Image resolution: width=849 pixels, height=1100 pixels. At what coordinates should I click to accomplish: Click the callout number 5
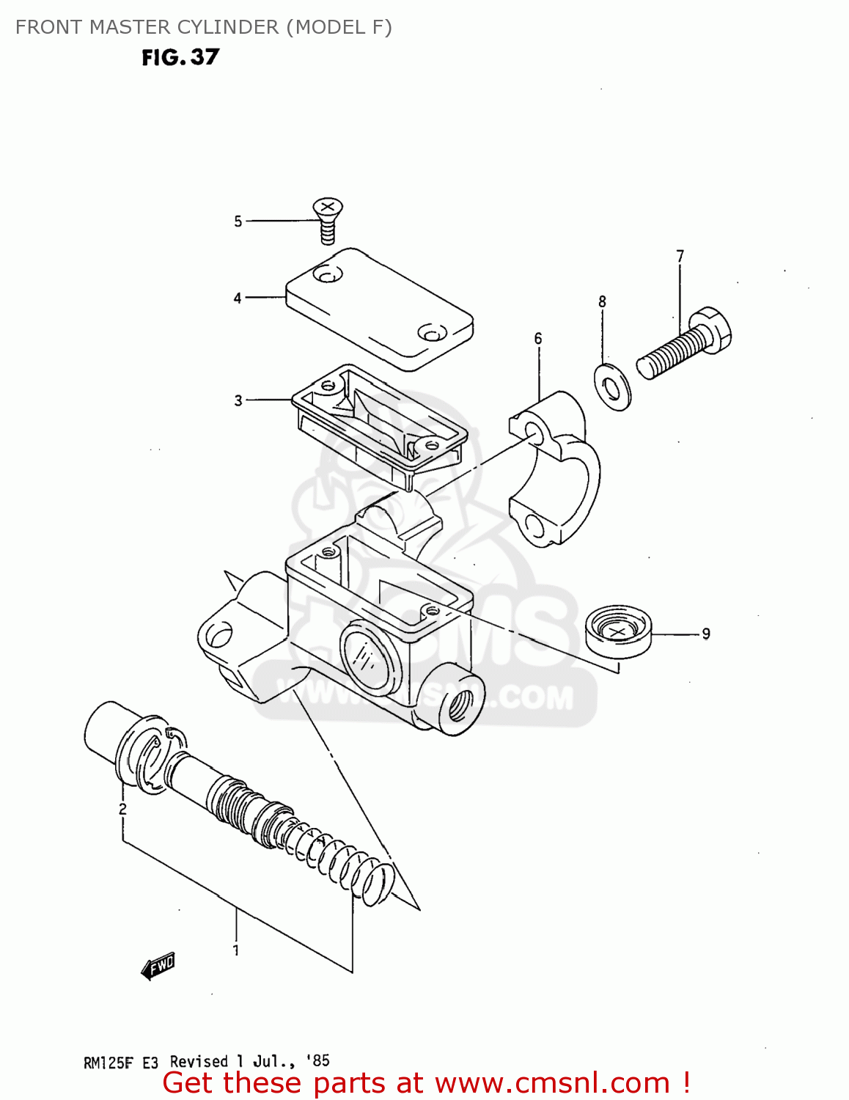[x=238, y=221]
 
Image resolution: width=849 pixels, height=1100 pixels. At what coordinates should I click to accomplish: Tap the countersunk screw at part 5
[x=328, y=218]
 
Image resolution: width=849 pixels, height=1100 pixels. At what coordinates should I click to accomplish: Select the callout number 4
[x=238, y=298]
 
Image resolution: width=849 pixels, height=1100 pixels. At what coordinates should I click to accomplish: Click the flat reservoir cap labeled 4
[x=379, y=309]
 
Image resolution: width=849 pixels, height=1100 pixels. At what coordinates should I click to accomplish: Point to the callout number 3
[x=238, y=400]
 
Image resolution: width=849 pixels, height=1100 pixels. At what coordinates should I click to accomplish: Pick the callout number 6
[x=538, y=338]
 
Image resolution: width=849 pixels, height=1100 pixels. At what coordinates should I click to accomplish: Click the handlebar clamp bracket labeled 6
[x=555, y=469]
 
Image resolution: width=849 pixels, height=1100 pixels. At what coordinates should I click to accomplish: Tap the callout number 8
[x=602, y=301]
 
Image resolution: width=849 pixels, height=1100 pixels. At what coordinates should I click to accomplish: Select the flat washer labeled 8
[x=612, y=386]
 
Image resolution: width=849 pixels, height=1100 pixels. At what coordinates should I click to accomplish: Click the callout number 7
[x=680, y=256]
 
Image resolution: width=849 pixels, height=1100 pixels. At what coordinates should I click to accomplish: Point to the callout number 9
[x=706, y=634]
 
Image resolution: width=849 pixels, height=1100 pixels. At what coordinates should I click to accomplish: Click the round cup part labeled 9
[x=618, y=631]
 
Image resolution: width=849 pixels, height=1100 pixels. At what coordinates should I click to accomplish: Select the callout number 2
[x=122, y=809]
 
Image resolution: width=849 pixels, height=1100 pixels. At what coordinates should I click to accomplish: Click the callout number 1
[x=236, y=950]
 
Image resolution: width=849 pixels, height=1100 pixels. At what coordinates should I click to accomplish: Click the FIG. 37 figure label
[x=180, y=57]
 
